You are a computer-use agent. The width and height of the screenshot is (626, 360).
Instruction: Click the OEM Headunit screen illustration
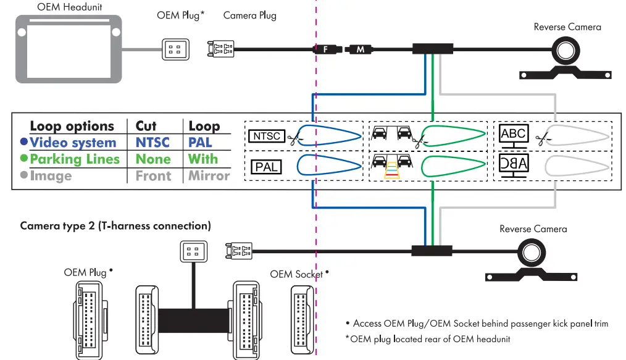pos(69,49)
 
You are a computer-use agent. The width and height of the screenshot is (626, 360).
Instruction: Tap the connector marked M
pos(361,49)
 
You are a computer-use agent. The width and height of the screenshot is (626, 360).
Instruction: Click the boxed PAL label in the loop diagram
pos(266,167)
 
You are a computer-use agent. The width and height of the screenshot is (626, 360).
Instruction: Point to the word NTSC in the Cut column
pos(152,143)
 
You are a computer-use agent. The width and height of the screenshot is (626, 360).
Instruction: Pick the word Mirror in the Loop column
pos(209,175)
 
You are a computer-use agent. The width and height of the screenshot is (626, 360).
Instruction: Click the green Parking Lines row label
pos(74,159)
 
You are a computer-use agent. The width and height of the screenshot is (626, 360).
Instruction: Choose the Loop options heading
pos(72,127)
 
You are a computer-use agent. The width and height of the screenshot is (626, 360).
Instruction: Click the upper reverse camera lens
pos(565,49)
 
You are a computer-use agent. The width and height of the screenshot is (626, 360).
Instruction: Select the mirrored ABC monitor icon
pos(514,165)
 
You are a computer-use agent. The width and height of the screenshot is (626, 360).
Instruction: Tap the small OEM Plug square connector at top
pos(173,49)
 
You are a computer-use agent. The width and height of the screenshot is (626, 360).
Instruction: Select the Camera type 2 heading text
pos(115,226)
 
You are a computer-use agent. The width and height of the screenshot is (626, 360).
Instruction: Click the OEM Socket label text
pos(296,274)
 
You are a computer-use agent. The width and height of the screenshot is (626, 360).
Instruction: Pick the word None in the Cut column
pos(152,159)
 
